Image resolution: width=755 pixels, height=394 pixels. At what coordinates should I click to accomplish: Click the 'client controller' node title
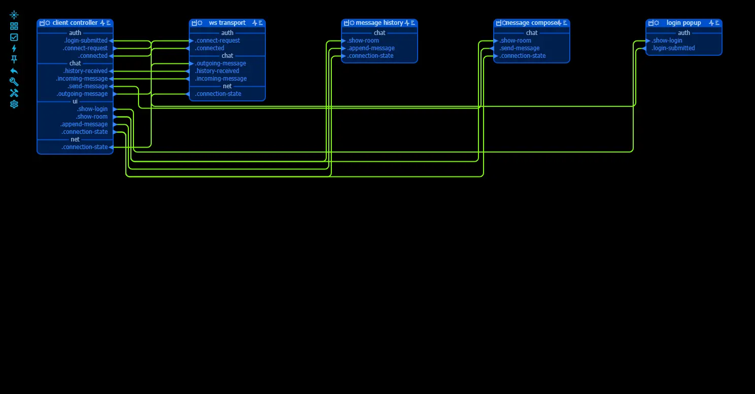pos(75,23)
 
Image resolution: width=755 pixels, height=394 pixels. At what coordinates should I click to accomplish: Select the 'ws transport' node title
pos(227,23)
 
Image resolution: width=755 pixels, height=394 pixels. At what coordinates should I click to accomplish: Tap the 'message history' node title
pos(379,23)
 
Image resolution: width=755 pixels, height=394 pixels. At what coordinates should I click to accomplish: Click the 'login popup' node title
pos(683,23)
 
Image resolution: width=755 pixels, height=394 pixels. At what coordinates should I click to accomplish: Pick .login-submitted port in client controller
pos(111,41)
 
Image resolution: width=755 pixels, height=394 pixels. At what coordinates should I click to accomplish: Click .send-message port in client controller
pos(111,86)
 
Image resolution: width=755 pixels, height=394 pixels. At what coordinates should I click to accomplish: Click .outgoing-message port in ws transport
pos(191,63)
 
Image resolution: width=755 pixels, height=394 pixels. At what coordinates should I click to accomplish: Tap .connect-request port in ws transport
pos(191,41)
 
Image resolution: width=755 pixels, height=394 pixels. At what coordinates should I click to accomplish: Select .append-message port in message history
pos(344,48)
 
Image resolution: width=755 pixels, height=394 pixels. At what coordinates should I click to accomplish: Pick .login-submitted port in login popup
pos(644,48)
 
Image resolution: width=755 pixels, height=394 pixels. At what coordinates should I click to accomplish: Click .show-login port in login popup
pos(648,41)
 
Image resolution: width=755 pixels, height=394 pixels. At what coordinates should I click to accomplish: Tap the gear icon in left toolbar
pos(14,104)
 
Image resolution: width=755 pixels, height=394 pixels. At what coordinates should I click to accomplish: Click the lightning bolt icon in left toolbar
pos(14,48)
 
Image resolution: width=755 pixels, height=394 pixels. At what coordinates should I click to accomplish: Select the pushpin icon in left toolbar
pos(14,59)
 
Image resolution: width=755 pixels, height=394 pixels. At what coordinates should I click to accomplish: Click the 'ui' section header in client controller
pos(75,101)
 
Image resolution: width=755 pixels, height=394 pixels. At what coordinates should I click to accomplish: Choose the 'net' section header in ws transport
pos(227,86)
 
